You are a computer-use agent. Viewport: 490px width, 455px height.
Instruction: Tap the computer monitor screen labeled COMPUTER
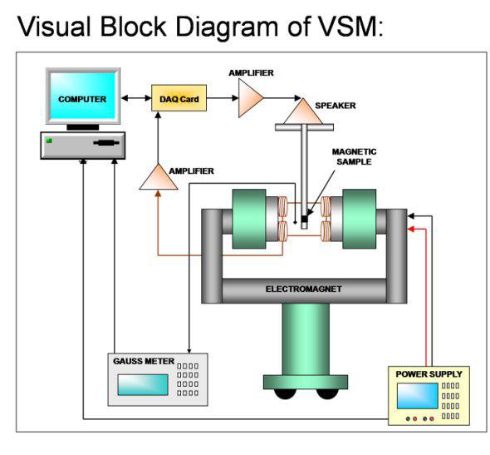click(x=82, y=99)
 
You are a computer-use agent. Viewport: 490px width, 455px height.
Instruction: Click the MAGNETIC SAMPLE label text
click(x=355, y=157)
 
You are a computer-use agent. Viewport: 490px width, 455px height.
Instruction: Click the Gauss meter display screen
click(x=141, y=384)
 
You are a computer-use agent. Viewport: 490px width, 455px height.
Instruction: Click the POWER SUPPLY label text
click(x=429, y=373)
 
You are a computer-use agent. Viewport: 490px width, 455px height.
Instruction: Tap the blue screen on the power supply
click(x=418, y=397)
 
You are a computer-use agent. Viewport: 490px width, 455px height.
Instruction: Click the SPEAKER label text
click(x=336, y=106)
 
